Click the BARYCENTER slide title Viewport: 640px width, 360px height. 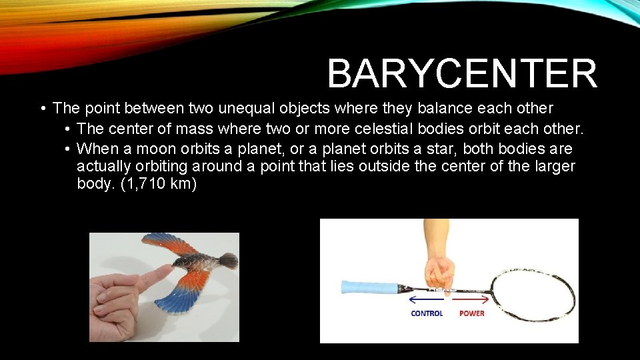461,73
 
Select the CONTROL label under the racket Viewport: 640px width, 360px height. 427,313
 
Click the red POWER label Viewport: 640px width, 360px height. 472,313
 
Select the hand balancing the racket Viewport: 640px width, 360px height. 441,267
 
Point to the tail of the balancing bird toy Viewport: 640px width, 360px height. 227,261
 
